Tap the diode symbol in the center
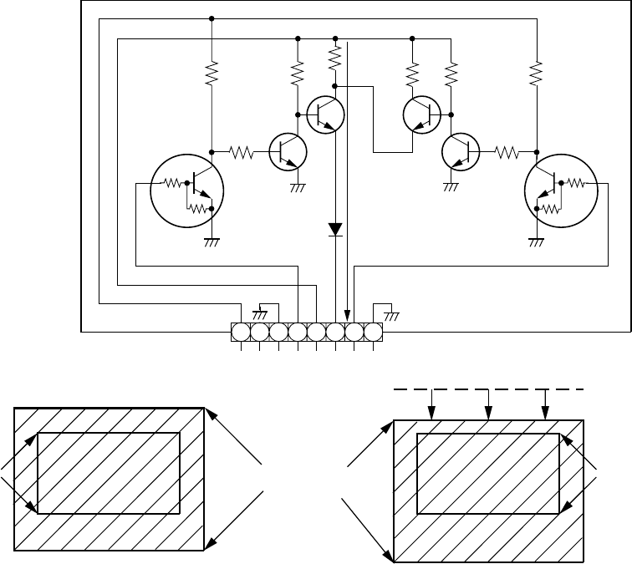335,227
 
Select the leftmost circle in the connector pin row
241,333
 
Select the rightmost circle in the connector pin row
373,333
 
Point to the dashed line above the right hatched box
488,389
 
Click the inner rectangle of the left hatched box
110,473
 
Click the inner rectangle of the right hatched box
488,473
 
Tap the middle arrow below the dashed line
488,404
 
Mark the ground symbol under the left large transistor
212,241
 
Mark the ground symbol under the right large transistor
536,241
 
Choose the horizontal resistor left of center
242,152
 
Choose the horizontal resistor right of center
507,152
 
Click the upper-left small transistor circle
326,114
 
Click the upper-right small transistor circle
421,114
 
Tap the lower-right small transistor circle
459,151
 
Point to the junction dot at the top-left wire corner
212,18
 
